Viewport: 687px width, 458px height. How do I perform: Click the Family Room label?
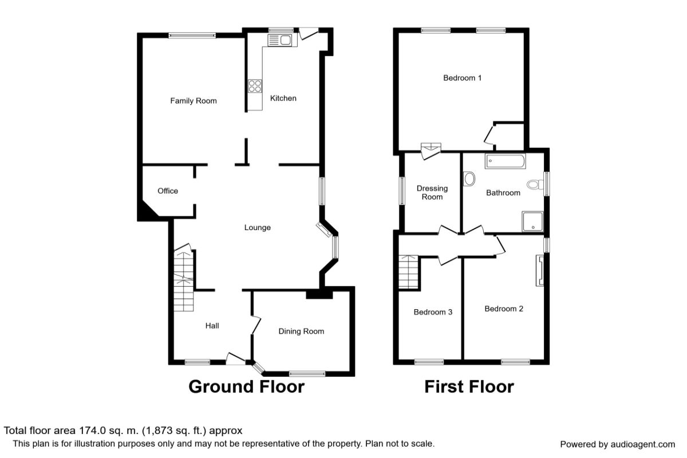point(194,101)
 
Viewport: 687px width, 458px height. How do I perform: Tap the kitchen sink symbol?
point(279,40)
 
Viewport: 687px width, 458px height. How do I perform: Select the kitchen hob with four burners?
point(255,86)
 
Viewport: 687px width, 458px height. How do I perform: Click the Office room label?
point(168,191)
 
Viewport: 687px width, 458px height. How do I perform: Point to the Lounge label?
point(258,227)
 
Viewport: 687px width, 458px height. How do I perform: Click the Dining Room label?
point(301,331)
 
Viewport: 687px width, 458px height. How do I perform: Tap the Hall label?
point(212,325)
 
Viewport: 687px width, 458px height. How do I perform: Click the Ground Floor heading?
point(246,386)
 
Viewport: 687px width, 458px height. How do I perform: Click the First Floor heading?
point(469,386)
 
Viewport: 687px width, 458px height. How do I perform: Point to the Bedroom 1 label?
point(462,77)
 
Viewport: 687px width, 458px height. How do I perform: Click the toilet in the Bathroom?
point(535,184)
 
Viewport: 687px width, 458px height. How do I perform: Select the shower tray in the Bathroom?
point(532,222)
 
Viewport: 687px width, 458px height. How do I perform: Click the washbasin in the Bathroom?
point(470,179)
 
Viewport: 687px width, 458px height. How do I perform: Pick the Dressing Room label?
point(432,192)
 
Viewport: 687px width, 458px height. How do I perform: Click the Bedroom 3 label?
point(433,312)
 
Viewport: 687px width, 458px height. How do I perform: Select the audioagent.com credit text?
point(617,444)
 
